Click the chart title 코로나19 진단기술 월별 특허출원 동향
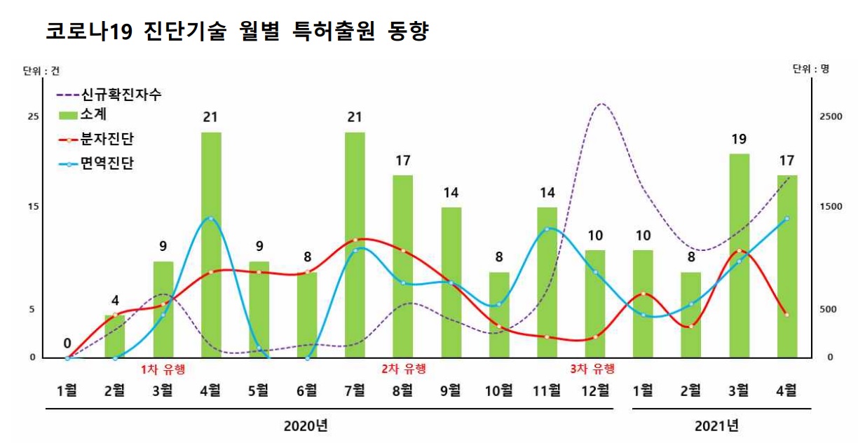(236, 32)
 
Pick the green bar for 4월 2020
(211, 245)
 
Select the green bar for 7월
(355, 245)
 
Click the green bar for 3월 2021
(739, 256)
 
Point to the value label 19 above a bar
(739, 139)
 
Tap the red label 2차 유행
(403, 369)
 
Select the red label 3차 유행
(592, 369)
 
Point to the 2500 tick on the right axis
(831, 116)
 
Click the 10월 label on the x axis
(498, 390)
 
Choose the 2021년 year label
(716, 425)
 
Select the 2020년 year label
(306, 425)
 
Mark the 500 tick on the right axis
(828, 309)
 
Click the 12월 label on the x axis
(594, 390)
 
